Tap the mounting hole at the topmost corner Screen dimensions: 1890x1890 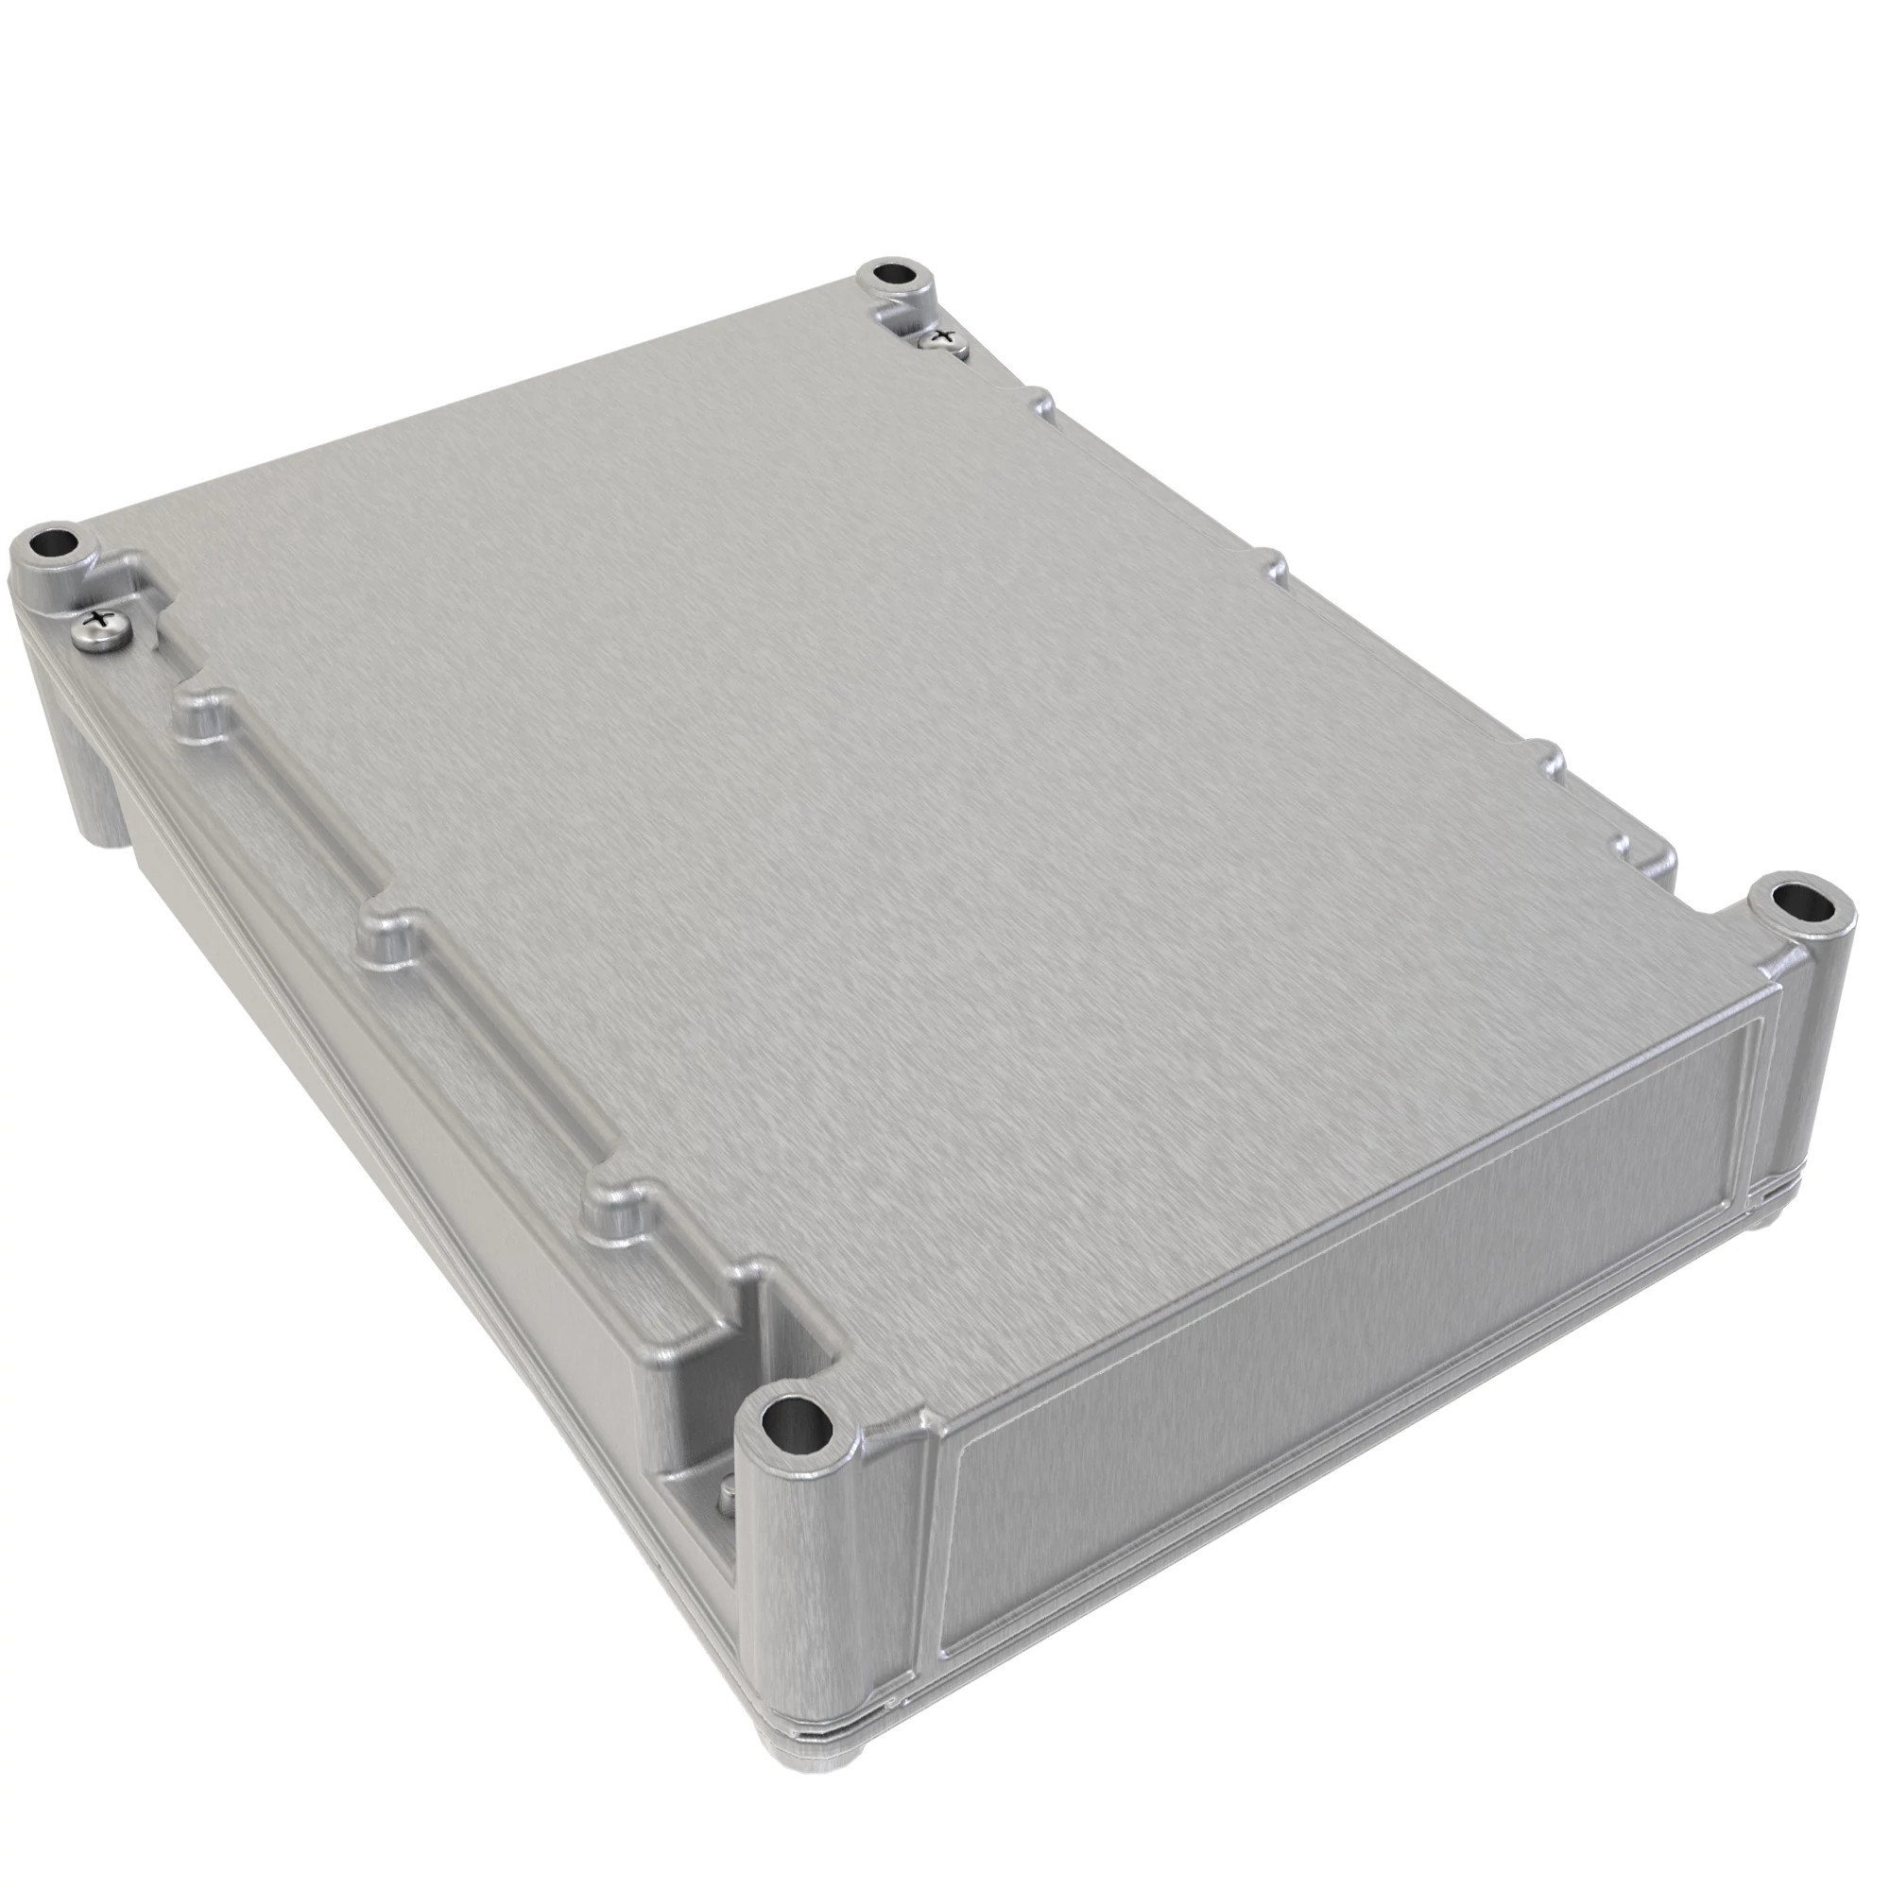pos(892,272)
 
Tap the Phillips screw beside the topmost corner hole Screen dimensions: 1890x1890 pos(943,339)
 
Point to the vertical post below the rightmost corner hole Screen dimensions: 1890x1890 pos(1819,1057)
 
